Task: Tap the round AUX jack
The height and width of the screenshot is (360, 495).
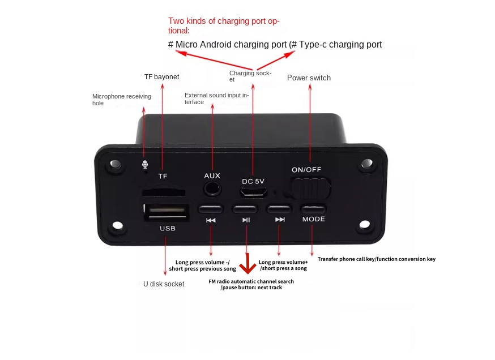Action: pos(212,189)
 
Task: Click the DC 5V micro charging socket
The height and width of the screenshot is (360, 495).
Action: pos(253,192)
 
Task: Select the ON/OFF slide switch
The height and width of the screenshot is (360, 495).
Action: pos(310,187)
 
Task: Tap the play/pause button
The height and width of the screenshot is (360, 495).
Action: pos(246,208)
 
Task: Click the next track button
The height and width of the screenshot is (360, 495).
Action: pos(280,208)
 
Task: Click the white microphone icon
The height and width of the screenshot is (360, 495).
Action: pos(144,164)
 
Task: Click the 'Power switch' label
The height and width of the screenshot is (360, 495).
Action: pos(309,78)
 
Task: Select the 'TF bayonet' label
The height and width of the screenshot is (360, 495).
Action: pos(161,76)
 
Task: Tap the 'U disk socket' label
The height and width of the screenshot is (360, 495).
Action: pos(164,284)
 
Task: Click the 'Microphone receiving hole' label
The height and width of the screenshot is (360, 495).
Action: pos(121,100)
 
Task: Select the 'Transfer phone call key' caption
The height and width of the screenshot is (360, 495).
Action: pos(376,259)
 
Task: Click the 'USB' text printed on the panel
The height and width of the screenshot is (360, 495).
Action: pos(168,229)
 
